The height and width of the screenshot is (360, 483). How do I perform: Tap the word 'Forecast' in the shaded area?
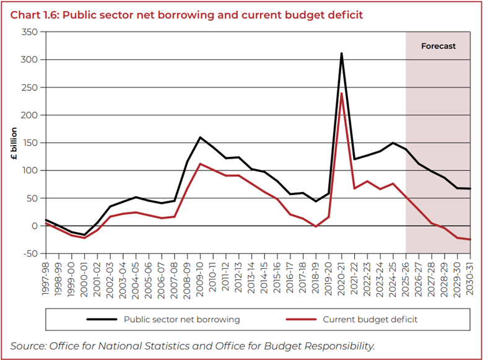coord(438,46)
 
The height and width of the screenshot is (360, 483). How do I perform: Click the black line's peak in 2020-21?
coord(341,53)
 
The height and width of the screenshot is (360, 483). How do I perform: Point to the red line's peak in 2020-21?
coord(341,93)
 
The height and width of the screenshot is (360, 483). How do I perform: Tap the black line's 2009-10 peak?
coord(200,137)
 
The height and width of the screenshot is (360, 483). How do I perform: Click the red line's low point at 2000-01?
coord(84,238)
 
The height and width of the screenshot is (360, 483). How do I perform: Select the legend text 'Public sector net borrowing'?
coord(181,320)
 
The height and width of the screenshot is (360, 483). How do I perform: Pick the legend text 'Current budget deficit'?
coord(370,320)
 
